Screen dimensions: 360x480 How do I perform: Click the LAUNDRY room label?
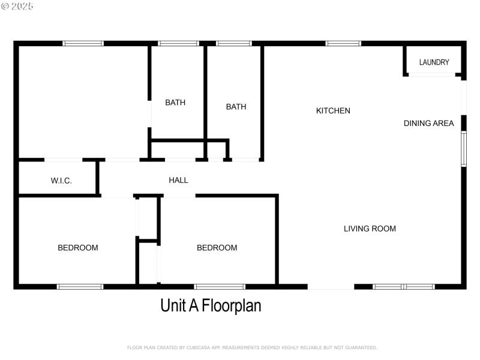[x=434, y=62]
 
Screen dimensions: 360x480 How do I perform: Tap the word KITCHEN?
[x=333, y=110]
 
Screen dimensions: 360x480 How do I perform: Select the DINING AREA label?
[x=428, y=124]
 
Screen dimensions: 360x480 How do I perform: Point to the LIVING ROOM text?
[x=370, y=229]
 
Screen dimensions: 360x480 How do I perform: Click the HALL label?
[x=178, y=180]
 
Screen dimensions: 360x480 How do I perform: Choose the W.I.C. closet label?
[x=61, y=181]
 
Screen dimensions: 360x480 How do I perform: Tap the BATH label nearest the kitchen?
[x=236, y=107]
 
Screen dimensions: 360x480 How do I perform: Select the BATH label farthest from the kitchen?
[x=175, y=103]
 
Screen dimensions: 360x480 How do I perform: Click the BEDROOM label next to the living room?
[x=217, y=248]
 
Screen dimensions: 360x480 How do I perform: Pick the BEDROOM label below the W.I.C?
[x=77, y=248]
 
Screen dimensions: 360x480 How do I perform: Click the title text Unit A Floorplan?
[x=211, y=305]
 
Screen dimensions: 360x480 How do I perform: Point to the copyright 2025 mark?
[x=17, y=6]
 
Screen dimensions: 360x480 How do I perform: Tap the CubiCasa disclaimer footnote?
[x=252, y=347]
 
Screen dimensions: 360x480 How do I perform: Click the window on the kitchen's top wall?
[x=343, y=43]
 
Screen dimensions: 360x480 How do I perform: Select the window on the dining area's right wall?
[x=463, y=149]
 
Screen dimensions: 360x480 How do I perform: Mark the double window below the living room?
[x=403, y=287]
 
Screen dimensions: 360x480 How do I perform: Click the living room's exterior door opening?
[x=331, y=287]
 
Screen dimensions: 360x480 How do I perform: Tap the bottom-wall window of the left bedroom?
[x=80, y=287]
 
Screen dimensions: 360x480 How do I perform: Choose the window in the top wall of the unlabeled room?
[x=83, y=43]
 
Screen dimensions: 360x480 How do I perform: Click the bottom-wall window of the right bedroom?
[x=220, y=287]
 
